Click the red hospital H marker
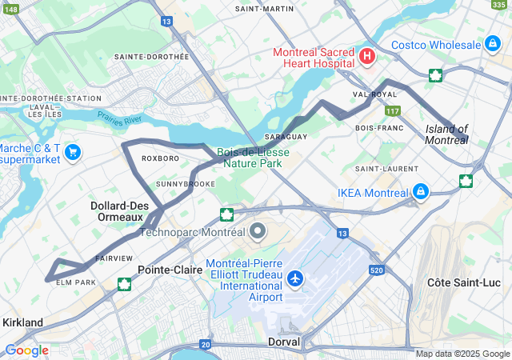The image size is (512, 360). (367, 56)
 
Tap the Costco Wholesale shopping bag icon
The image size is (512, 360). (493, 45)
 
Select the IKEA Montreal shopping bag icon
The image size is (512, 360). (420, 192)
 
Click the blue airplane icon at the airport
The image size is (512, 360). (296, 279)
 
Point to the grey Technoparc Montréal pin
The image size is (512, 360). (258, 232)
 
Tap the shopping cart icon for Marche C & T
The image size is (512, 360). (73, 151)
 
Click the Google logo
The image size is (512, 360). (26, 350)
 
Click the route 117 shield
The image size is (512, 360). (391, 110)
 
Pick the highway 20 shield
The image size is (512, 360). (206, 344)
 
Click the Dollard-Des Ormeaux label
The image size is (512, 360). (119, 211)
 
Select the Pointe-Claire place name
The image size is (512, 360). (170, 270)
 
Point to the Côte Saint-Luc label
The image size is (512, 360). (462, 283)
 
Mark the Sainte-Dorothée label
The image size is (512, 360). (151, 57)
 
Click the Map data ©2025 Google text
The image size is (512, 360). (462, 354)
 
